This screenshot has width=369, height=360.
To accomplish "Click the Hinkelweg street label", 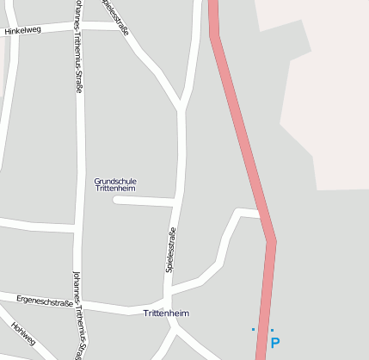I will tap(22, 30).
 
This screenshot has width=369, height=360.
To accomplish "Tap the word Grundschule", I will tap(115, 181).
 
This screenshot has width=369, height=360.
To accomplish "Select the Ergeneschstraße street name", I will tap(43, 301).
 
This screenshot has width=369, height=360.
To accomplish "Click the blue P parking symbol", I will tap(275, 343).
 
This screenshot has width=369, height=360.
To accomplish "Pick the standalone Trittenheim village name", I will tap(166, 313).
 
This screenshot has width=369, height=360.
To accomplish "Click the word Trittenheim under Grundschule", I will tap(115, 189).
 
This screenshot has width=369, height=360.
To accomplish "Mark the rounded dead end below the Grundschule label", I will tap(116, 200).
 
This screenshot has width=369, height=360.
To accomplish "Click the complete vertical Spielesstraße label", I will tap(170, 250).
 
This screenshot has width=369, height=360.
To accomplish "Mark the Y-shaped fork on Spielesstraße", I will tap(182, 108).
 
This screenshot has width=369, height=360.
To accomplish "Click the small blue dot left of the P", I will tap(253, 330).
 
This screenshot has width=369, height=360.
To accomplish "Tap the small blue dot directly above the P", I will tap(272, 330).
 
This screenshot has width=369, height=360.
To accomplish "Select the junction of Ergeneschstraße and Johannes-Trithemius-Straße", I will tap(78, 304).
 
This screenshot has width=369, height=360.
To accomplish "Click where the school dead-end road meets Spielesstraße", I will tap(177, 202).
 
